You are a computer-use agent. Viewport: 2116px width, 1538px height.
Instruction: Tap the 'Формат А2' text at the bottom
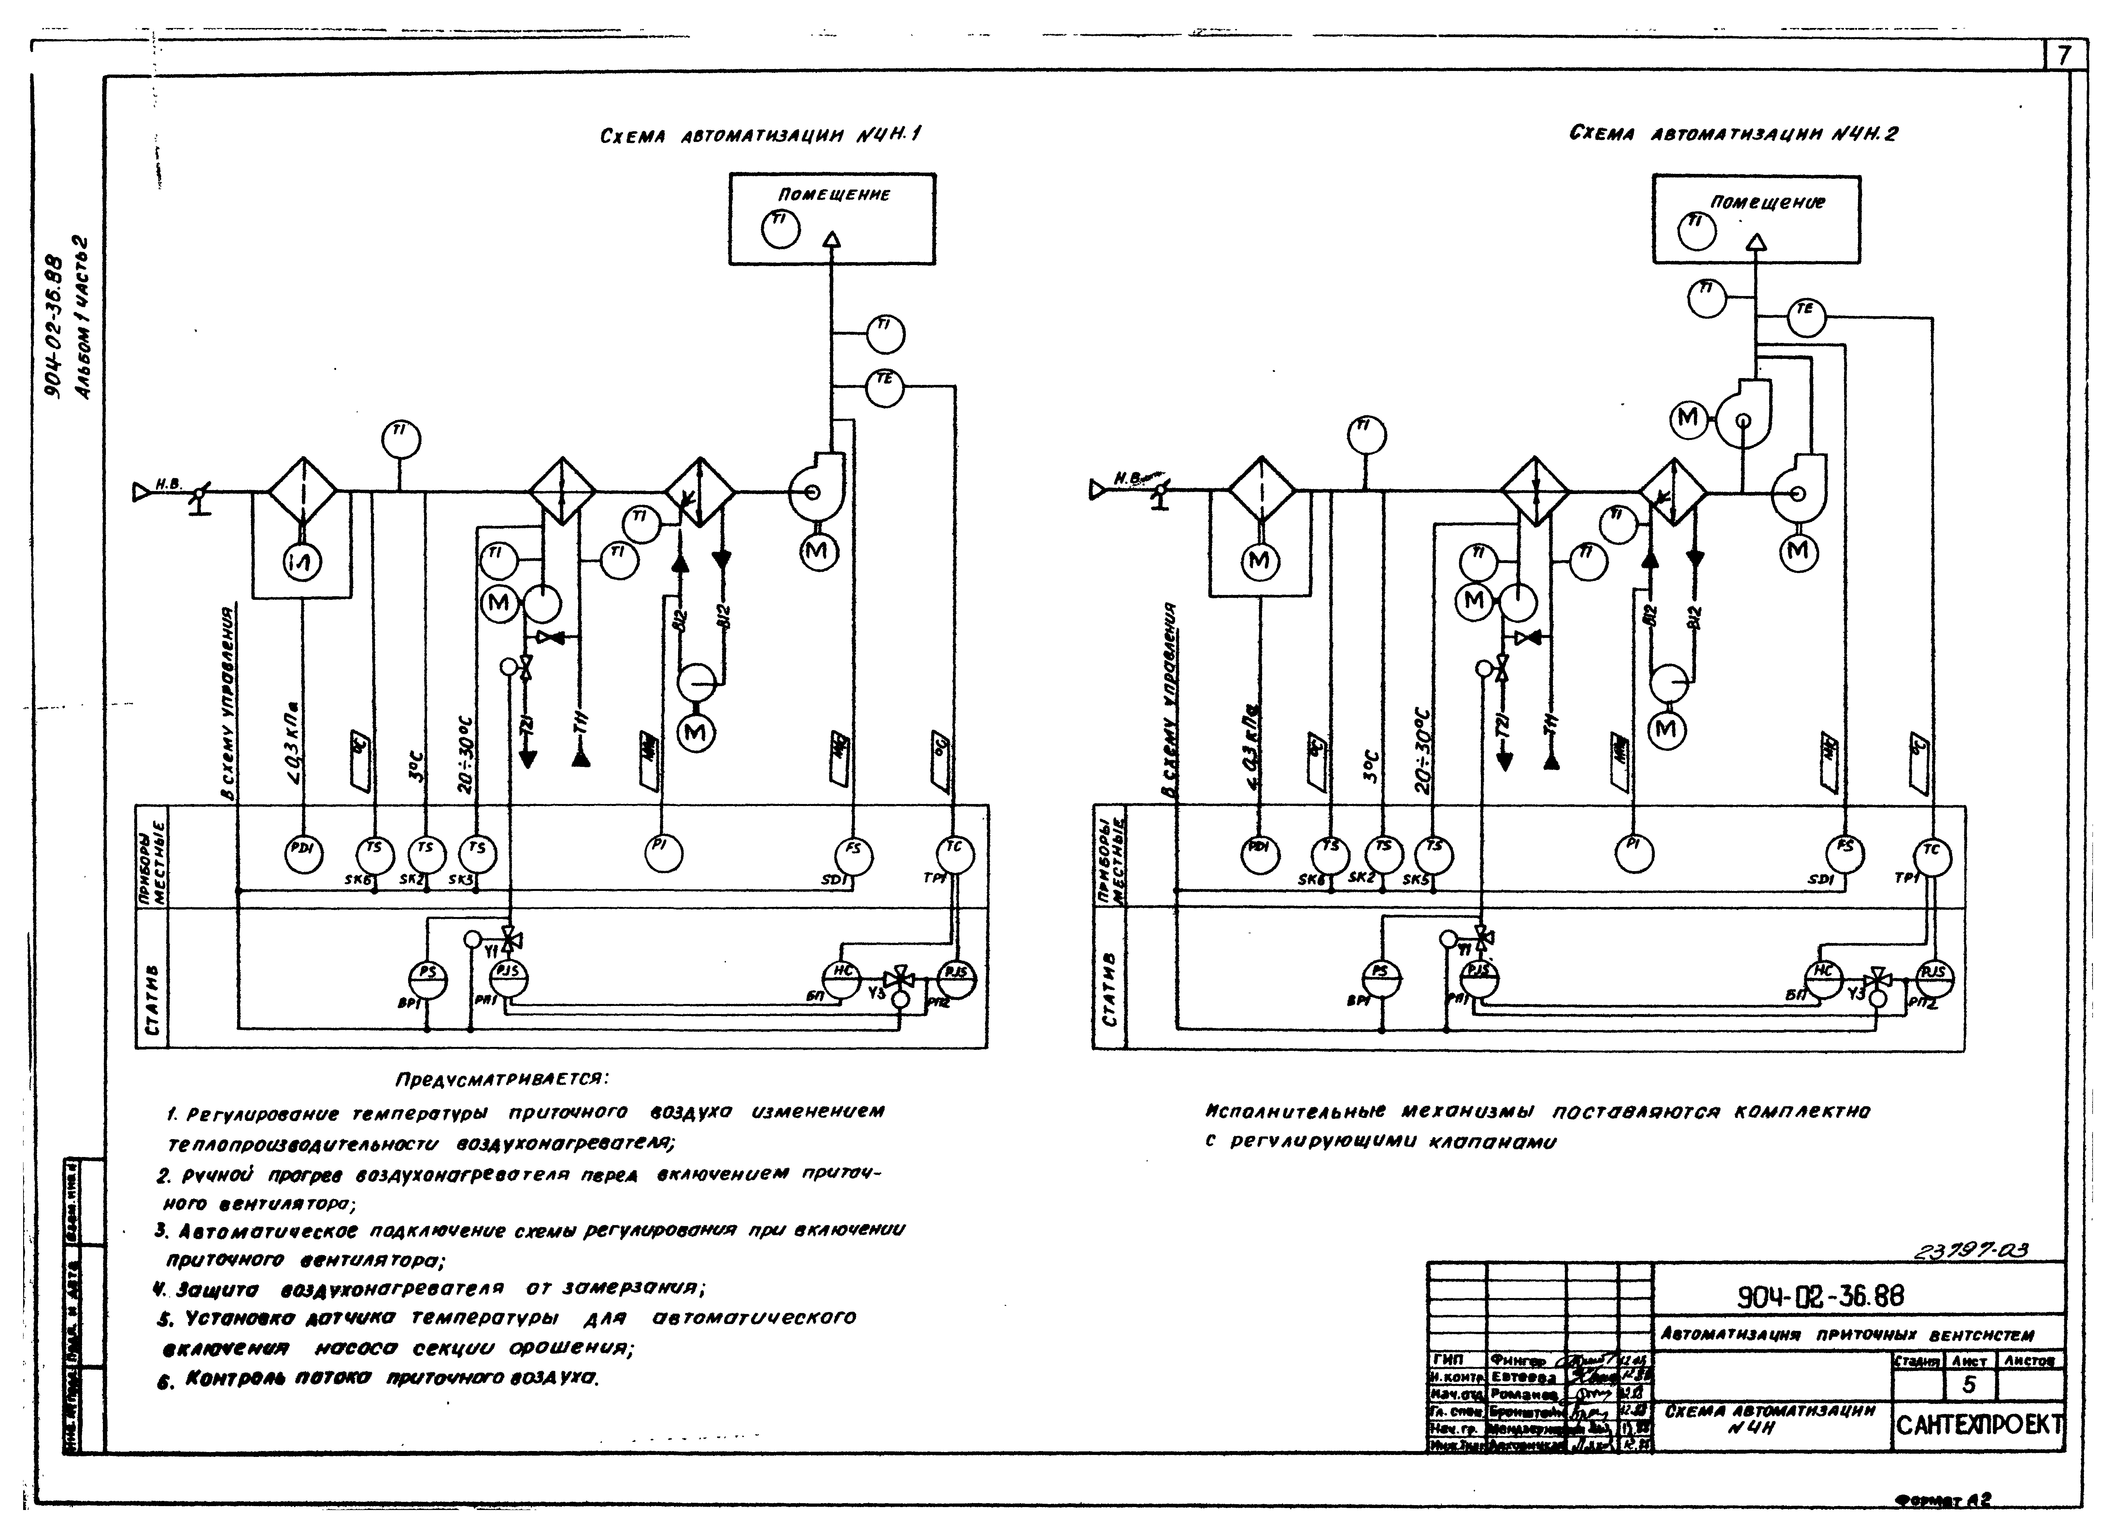point(1943,1501)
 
